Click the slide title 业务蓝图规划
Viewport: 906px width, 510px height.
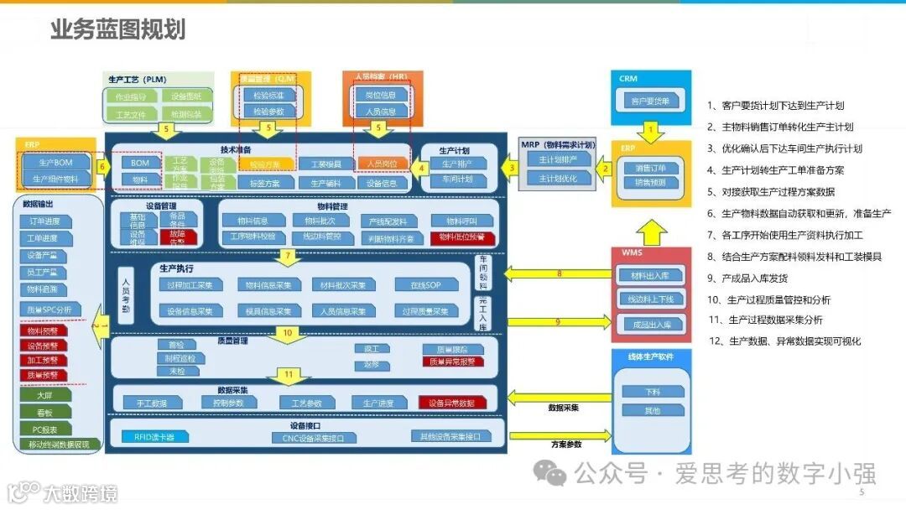click(117, 30)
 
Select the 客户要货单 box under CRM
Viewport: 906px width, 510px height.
click(650, 101)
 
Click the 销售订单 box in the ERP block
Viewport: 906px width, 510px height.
click(650, 168)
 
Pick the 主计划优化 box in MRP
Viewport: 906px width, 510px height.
click(558, 178)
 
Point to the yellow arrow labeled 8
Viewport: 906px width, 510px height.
click(559, 273)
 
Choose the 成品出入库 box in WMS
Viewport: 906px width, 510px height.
click(650, 325)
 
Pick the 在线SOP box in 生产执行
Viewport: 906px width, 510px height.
click(425, 285)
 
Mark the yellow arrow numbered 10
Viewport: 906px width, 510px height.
click(288, 333)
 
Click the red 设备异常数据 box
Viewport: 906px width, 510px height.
click(450, 403)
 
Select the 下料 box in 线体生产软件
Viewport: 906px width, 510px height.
click(652, 392)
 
